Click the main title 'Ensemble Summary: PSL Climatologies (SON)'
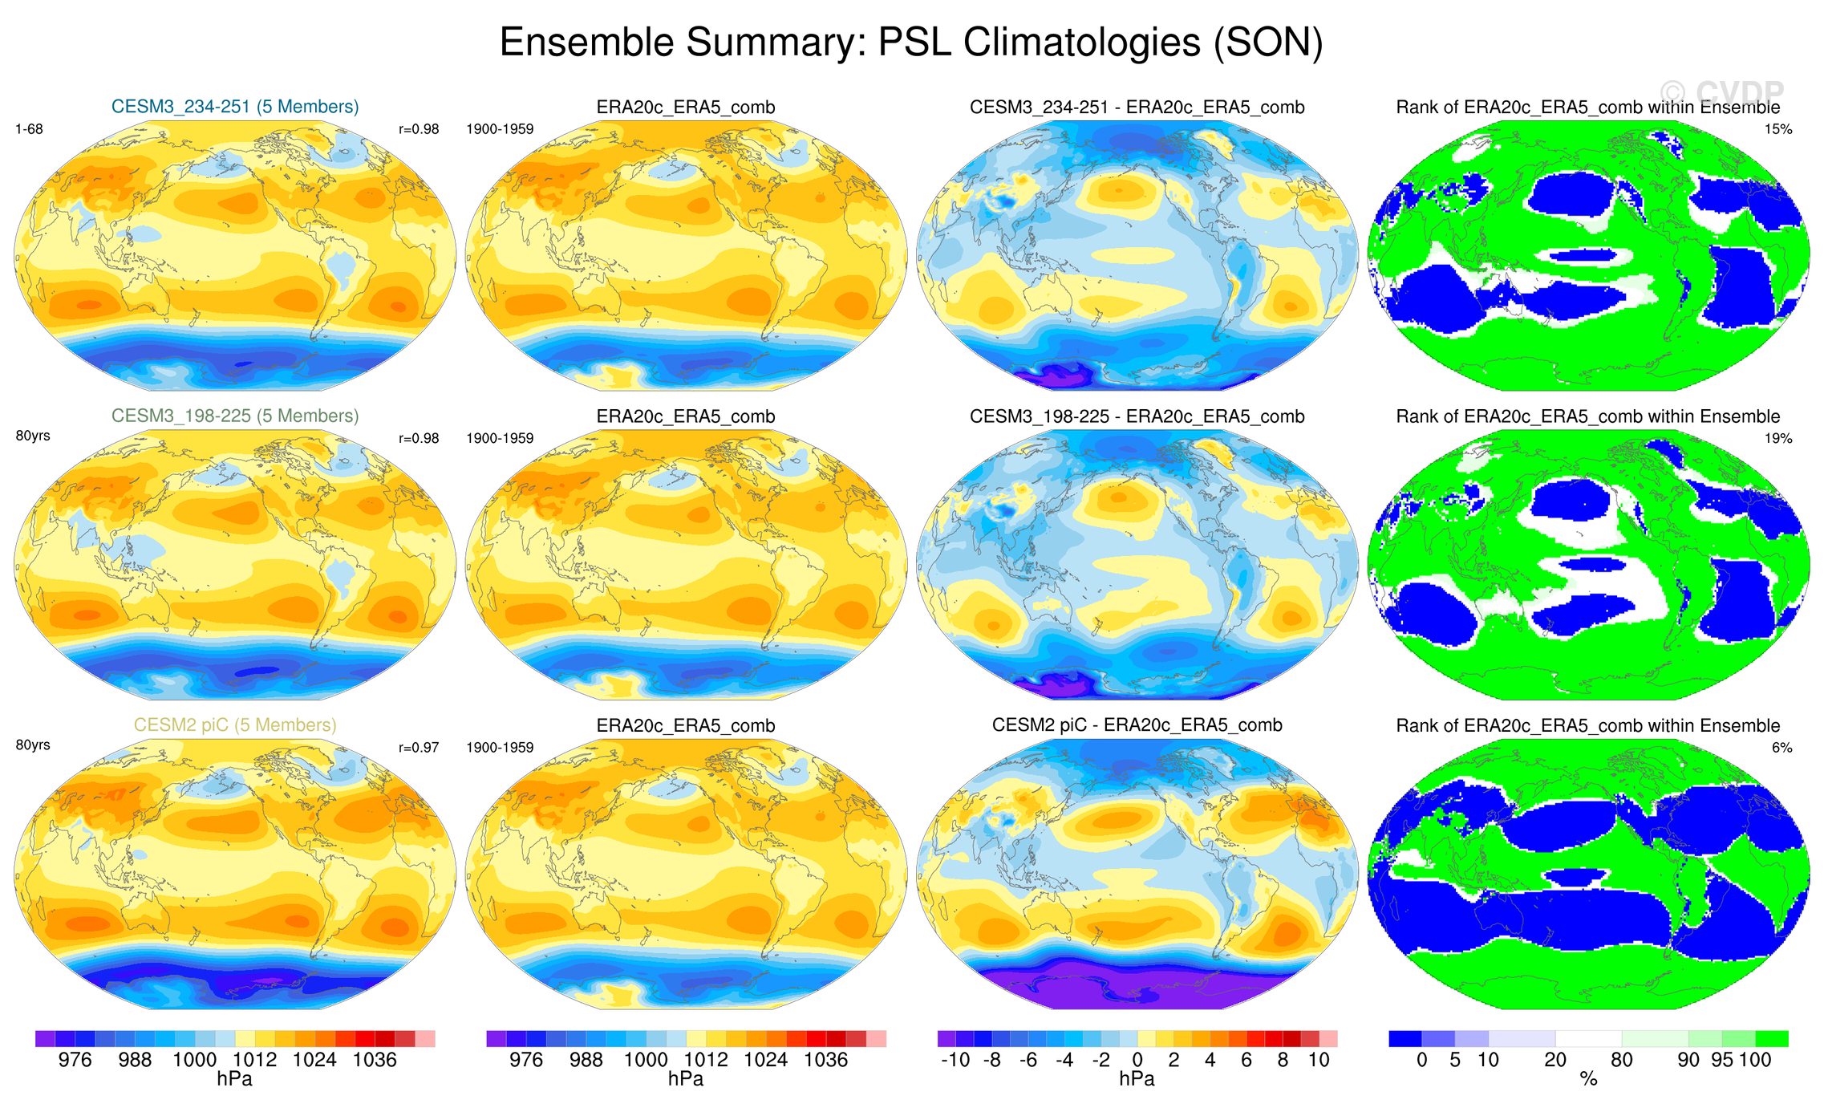(911, 42)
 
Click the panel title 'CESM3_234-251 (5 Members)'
(235, 107)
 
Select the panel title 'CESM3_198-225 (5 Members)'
(235, 416)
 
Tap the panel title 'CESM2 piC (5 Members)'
(235, 724)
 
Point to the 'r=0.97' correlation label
(419, 748)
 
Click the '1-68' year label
(29, 129)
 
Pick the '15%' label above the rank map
(1778, 129)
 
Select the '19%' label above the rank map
(1778, 438)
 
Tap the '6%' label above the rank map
(1781, 748)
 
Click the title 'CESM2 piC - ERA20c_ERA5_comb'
(1137, 724)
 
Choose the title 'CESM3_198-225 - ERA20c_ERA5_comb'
(1137, 416)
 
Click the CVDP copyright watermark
(1721, 93)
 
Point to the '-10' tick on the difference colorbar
(955, 1060)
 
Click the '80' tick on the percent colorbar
(1622, 1060)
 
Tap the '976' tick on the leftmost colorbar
(75, 1060)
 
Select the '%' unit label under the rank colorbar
(1588, 1080)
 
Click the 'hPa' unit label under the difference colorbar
(1137, 1079)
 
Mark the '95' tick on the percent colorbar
(1722, 1060)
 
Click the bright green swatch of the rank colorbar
(1771, 1039)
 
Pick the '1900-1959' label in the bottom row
(500, 748)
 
